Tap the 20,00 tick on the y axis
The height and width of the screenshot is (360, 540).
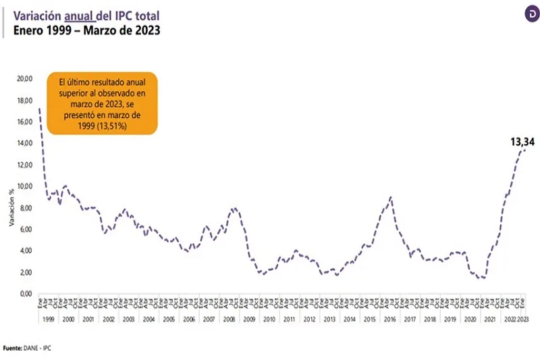[x=24, y=78]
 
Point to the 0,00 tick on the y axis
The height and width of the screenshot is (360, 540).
[x=26, y=294]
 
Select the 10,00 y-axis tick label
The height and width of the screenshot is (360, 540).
[x=24, y=186]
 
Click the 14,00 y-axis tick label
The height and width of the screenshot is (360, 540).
[x=24, y=143]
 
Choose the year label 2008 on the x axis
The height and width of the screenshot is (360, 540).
[x=228, y=319]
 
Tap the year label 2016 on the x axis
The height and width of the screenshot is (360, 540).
[x=389, y=319]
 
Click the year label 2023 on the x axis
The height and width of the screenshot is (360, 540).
[x=522, y=319]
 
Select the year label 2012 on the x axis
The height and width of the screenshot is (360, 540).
[x=308, y=319]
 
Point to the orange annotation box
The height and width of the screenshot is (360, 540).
[x=102, y=102]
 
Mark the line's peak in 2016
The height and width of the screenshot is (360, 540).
[x=391, y=197]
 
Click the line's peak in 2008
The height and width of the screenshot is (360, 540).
[x=234, y=208]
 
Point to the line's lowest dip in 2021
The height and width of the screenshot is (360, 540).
[x=483, y=278]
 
